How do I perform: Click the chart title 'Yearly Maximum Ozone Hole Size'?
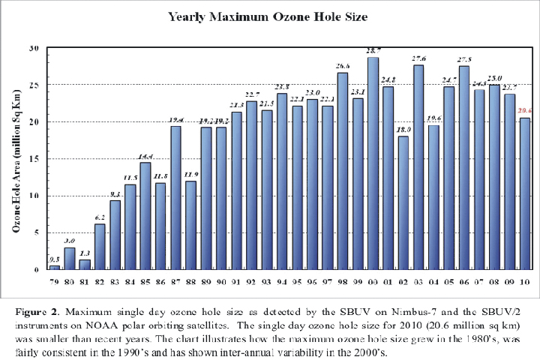point(268,16)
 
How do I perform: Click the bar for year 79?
point(54,267)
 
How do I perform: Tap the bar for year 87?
point(175,198)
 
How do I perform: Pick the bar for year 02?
point(403,202)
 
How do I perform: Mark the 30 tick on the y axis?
point(34,47)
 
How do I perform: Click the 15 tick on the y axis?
point(34,158)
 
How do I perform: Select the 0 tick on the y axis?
point(36,269)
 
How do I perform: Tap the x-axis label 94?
point(281,281)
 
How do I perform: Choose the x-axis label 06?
point(463,281)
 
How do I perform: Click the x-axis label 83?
point(115,281)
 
